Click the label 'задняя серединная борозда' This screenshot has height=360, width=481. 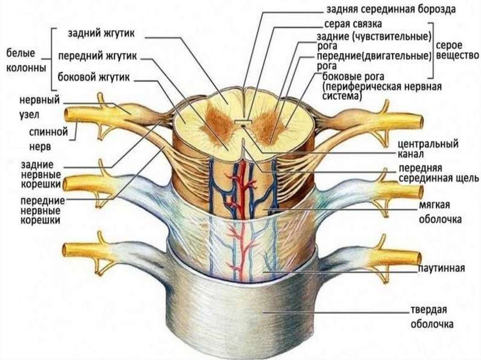391,8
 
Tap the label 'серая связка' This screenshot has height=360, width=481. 353,23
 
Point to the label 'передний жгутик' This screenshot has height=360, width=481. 97,56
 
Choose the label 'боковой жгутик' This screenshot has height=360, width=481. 93,77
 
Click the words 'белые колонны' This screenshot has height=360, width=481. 26,61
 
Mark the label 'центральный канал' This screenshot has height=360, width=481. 427,148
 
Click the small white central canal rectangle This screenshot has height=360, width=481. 241,123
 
